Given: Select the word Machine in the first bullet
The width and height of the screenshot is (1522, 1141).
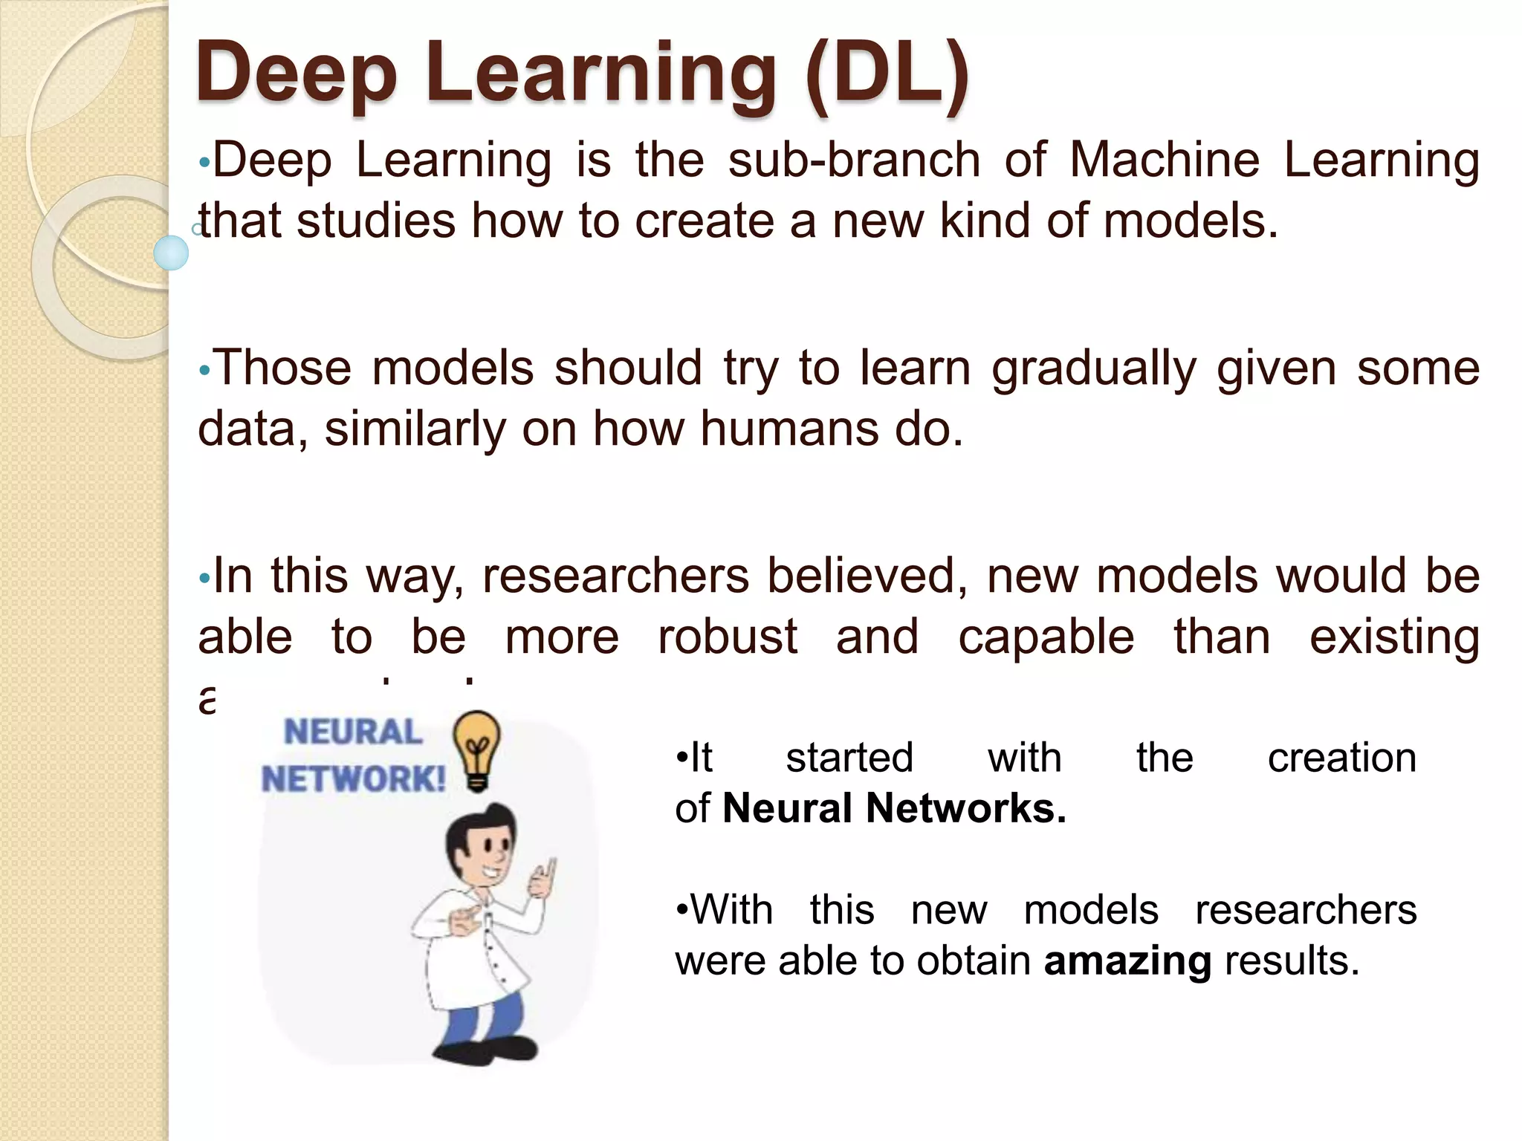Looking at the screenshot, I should coord(1164,160).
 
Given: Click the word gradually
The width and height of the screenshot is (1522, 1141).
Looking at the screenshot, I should coord(1093,369).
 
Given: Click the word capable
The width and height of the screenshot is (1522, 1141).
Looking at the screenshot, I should coord(1046,637).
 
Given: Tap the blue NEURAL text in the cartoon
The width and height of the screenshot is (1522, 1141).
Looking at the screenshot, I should coord(353,732).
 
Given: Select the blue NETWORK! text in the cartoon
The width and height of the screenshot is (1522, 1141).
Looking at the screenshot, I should coord(353,780).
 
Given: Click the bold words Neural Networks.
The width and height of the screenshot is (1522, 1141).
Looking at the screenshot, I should coord(894,808).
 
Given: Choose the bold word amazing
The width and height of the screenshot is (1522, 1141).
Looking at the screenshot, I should coord(1127,960).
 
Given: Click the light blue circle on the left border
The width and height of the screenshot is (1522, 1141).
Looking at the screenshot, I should coord(171,253).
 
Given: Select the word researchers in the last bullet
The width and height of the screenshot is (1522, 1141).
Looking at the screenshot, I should coord(1306,910).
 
